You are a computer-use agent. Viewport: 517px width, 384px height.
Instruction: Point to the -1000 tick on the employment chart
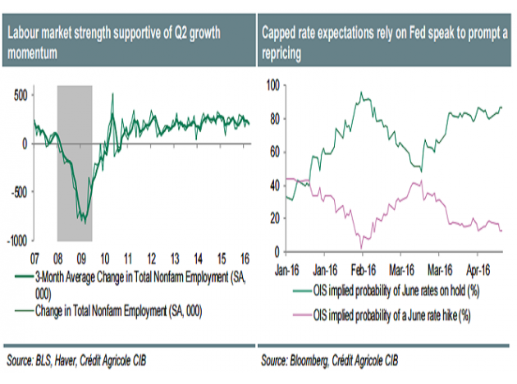point(14,240)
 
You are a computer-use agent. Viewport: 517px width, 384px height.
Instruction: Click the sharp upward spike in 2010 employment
point(112,95)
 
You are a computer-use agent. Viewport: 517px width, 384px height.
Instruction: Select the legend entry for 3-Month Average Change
point(131,277)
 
